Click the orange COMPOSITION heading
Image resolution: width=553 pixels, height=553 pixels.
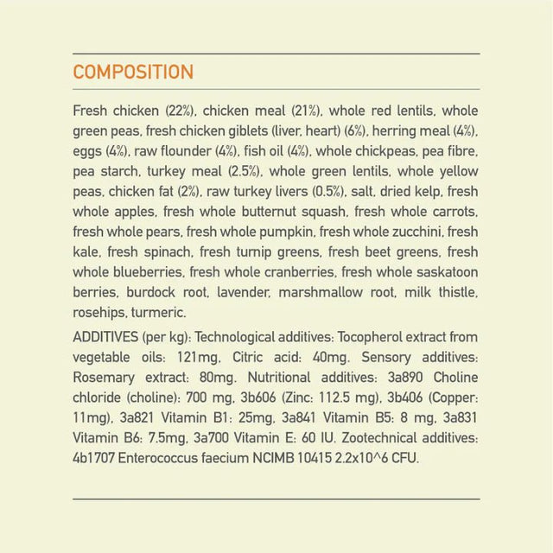pyautogui.click(x=133, y=73)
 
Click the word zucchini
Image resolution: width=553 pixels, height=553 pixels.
pyautogui.click(x=414, y=232)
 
